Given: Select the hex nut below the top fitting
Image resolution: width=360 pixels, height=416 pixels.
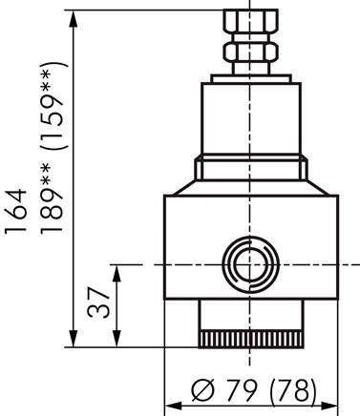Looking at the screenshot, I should [x=248, y=49].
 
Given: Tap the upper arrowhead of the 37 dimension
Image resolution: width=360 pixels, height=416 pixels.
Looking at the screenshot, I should [x=117, y=271].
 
